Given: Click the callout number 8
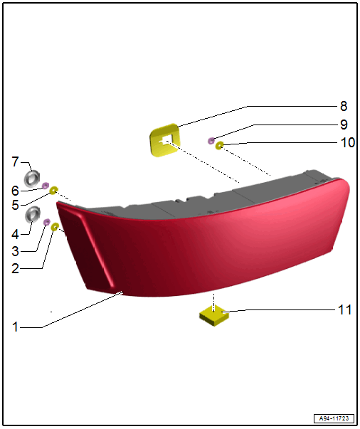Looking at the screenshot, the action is click(344, 106).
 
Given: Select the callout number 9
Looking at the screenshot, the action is click(344, 125).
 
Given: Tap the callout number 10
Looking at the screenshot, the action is click(347, 142).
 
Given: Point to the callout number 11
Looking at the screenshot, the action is click(344, 309).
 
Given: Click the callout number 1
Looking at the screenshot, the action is click(16, 327).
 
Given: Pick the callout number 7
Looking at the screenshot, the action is click(16, 161).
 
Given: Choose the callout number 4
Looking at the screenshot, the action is click(15, 235).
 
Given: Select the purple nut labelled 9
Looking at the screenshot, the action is click(211, 141).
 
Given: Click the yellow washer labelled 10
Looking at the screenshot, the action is click(219, 145).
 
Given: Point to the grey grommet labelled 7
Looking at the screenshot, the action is click(32, 179).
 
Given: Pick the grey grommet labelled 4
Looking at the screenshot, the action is click(33, 214).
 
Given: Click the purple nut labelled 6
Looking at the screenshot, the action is click(45, 186).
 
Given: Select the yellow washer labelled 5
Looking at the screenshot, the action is click(53, 190).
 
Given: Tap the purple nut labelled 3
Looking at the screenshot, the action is click(47, 222).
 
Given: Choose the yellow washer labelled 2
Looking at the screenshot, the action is click(55, 226).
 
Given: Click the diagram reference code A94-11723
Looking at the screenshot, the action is click(334, 418).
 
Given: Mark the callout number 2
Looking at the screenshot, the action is click(16, 268).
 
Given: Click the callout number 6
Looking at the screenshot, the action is click(15, 191).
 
